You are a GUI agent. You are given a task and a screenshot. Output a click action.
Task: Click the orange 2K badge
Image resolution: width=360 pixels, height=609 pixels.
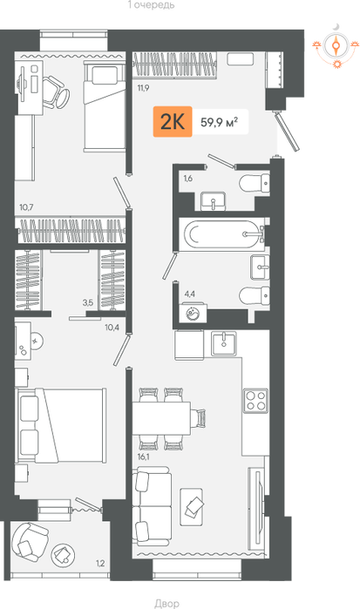[173, 122]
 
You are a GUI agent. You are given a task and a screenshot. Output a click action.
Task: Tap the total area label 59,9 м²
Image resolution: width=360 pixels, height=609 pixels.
[220, 122]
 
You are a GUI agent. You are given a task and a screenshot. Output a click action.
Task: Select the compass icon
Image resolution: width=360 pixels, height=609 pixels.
[336, 47]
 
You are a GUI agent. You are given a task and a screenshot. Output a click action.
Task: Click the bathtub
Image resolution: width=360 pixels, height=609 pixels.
[222, 234]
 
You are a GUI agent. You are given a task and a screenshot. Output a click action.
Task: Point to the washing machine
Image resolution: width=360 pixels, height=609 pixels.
[192, 313]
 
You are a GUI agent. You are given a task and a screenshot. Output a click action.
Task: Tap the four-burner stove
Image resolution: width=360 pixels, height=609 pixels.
[255, 401]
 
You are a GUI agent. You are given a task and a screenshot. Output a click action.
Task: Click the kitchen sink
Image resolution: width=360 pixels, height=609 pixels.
[224, 344]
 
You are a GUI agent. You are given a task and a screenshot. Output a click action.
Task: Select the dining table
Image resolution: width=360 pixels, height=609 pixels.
[161, 418]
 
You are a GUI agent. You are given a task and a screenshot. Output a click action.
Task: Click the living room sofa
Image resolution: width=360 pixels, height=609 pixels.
[152, 505]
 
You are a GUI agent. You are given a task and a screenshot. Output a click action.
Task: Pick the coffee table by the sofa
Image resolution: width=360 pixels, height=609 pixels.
[191, 507]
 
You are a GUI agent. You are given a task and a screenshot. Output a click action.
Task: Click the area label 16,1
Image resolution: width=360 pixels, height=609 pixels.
[144, 457]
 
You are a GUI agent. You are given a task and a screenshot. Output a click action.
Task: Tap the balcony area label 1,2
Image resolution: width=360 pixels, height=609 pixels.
[100, 563]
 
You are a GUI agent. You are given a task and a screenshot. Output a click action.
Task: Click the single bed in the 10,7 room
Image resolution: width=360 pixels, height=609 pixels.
[105, 106]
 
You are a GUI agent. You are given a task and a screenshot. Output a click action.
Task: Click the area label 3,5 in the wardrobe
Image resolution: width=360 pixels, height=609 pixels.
[88, 303]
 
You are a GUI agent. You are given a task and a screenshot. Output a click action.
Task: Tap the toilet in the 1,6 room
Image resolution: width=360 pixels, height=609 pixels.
[255, 183]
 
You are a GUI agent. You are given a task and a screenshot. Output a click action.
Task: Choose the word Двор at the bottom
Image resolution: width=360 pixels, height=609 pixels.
[166, 603]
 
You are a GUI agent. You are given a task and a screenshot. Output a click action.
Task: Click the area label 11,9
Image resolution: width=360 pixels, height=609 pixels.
[143, 88]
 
